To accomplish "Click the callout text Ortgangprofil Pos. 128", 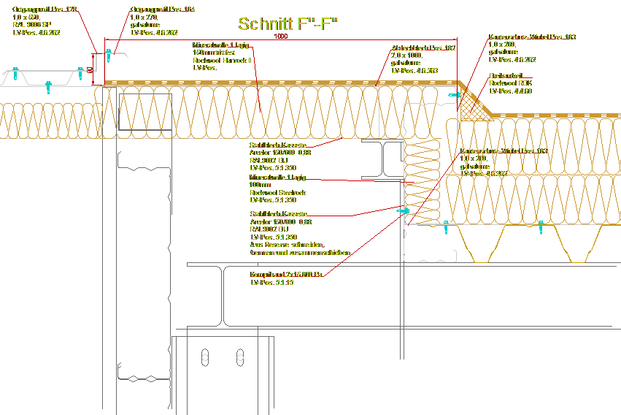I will (x=45, y=9).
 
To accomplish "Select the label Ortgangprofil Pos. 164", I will (x=163, y=9).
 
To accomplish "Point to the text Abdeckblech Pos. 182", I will (x=423, y=47).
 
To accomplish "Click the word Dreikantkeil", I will (x=505, y=75).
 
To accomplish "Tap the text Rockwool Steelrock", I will (x=277, y=193).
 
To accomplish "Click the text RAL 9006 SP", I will (x=31, y=25).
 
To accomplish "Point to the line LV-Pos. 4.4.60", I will (x=510, y=91).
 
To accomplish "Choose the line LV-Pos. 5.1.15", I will (x=271, y=283).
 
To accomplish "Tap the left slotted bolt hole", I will (x=205, y=357).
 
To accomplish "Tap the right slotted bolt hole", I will (x=239, y=357).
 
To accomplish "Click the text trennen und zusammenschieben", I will (x=299, y=253).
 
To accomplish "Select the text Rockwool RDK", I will (x=510, y=83).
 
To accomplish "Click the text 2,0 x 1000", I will (x=406, y=56).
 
